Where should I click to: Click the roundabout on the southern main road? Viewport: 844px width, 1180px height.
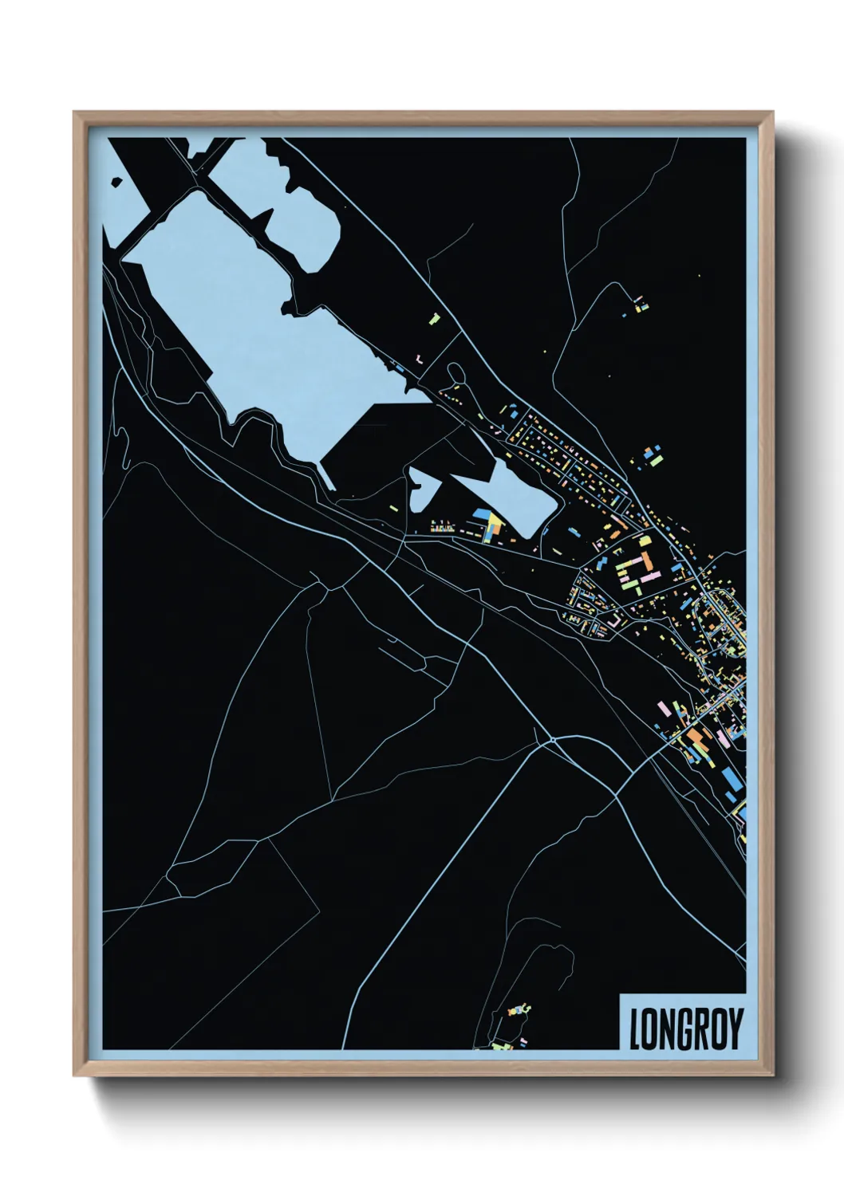click(x=552, y=741)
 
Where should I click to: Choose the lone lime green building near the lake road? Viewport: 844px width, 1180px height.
click(x=435, y=319)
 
